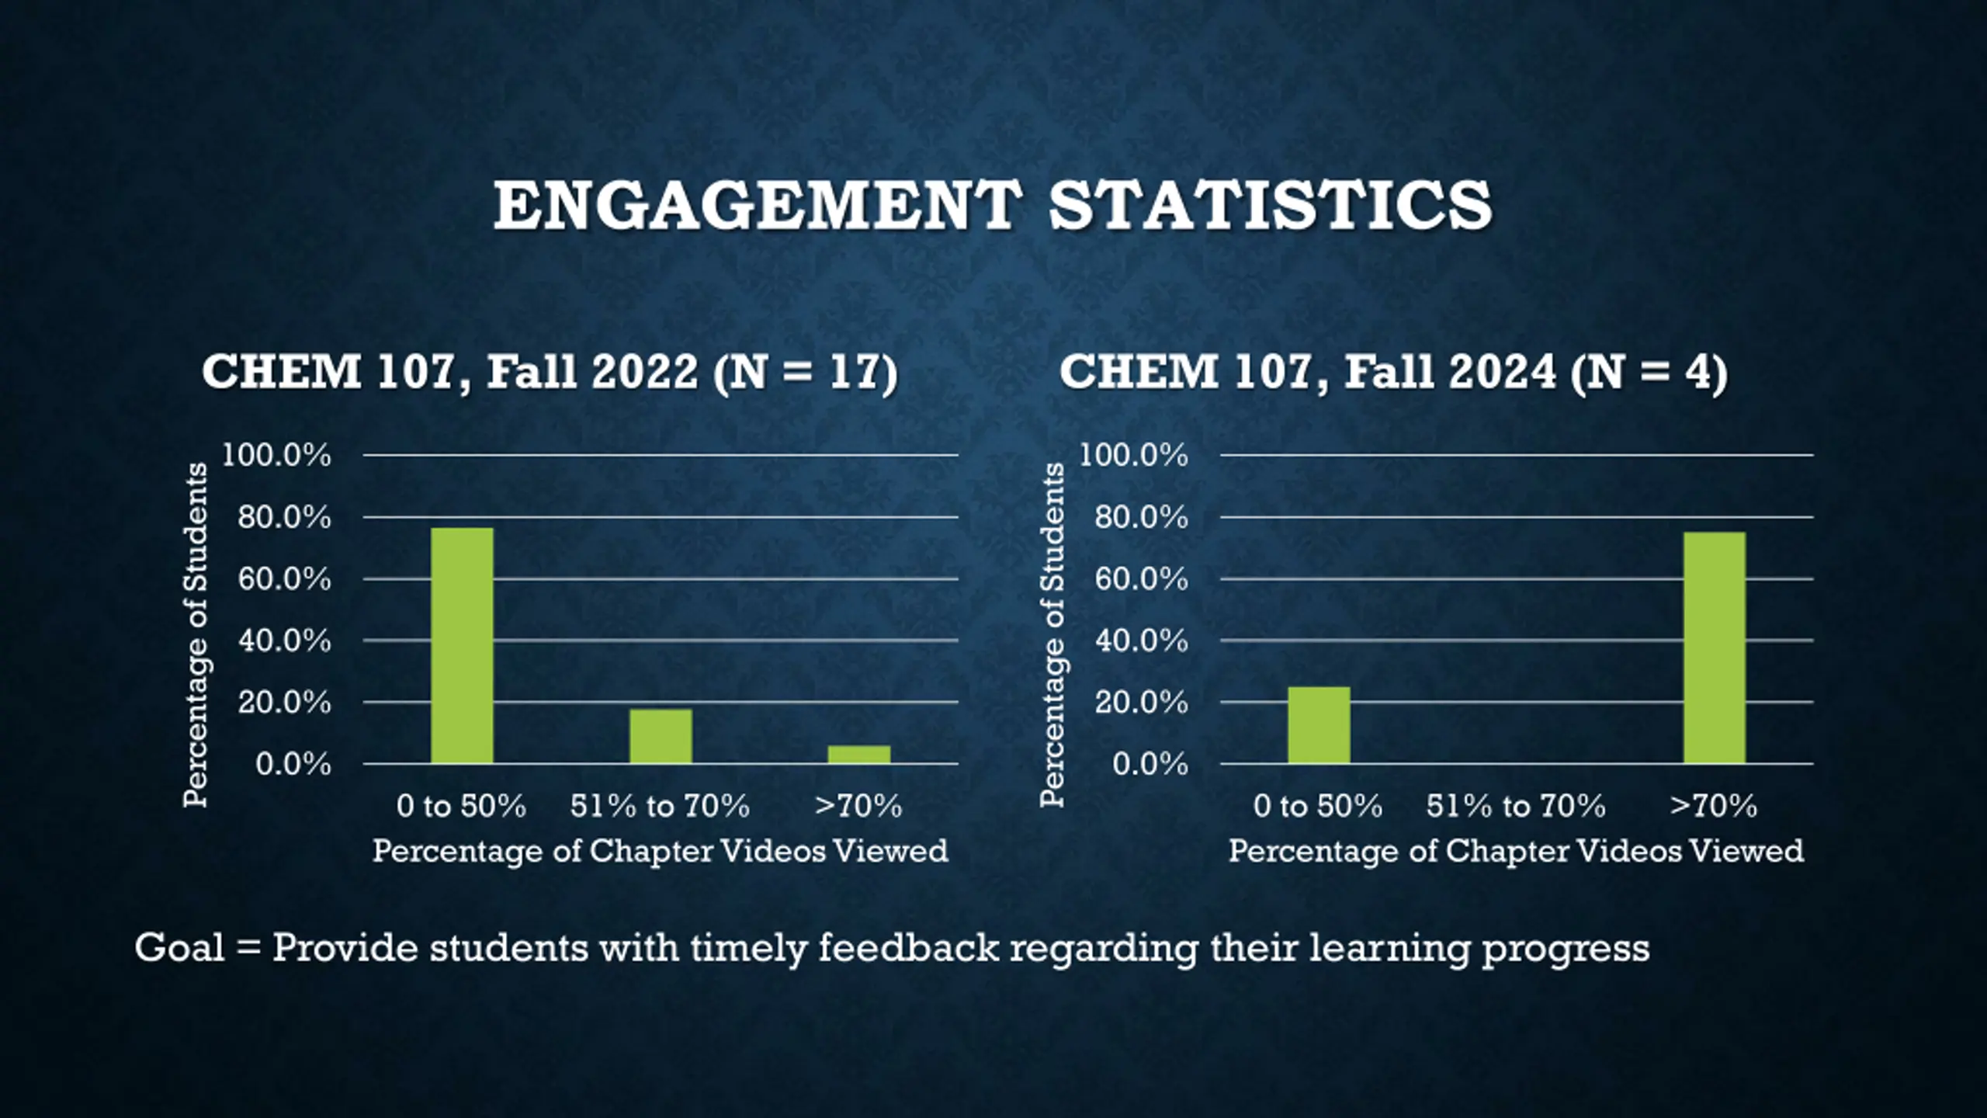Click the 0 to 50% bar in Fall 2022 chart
click(x=462, y=646)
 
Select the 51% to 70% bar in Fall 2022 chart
click(x=661, y=736)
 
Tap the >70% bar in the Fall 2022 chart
click(x=859, y=755)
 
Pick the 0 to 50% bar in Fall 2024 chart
click(x=1319, y=725)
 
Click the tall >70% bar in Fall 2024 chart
click(x=1715, y=648)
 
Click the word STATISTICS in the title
click(x=1271, y=205)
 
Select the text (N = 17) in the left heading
click(x=806, y=373)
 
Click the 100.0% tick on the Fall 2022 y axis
click(x=277, y=456)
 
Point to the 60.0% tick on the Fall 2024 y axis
click(x=1141, y=579)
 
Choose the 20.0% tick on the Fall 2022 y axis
click(x=284, y=703)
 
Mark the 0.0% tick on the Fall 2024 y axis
click(x=1150, y=765)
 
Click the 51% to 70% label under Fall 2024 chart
click(x=1515, y=806)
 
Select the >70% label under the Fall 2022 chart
click(x=858, y=806)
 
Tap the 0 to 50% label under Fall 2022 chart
click(x=461, y=806)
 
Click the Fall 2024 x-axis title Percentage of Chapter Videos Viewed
click(x=1516, y=851)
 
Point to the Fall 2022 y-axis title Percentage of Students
click(x=196, y=634)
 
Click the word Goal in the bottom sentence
click(x=179, y=948)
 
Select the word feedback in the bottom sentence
click(x=909, y=948)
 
